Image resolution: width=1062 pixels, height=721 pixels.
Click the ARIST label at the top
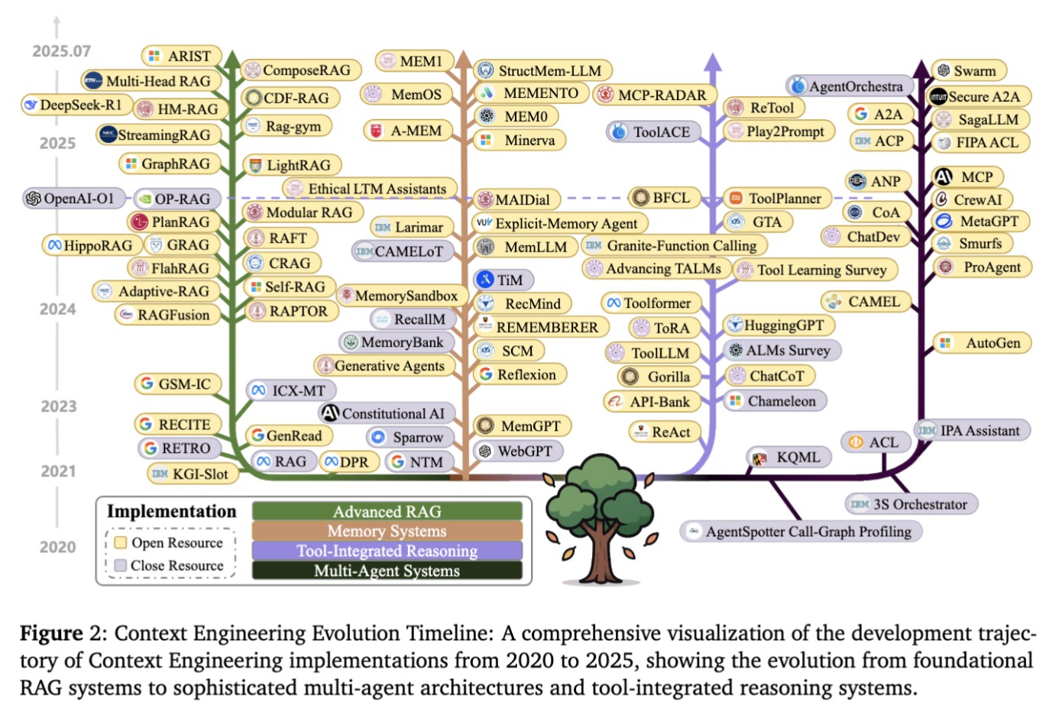pyautogui.click(x=182, y=56)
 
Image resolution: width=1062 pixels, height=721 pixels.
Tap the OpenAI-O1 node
pyautogui.click(x=70, y=199)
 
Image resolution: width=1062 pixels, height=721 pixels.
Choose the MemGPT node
pyautogui.click(x=523, y=426)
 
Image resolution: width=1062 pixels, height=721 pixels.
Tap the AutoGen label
pyautogui.click(x=984, y=343)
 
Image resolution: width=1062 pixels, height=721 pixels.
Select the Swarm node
pyautogui.click(x=968, y=71)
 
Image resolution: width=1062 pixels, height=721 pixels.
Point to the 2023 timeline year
pyautogui.click(x=59, y=406)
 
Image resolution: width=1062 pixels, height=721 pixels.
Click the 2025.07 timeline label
pyautogui.click(x=61, y=51)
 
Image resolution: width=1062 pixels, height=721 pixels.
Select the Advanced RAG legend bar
pyautogui.click(x=387, y=511)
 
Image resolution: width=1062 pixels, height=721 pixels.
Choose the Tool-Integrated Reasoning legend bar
pyautogui.click(x=387, y=551)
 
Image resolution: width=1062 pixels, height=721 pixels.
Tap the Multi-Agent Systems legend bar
pyautogui.click(x=387, y=571)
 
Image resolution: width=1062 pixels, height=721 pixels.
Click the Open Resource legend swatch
pyautogui.click(x=120, y=542)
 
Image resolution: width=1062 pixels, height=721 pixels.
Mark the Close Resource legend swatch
pyautogui.click(x=120, y=565)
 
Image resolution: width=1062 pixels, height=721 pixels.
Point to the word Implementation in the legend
pyautogui.click(x=171, y=511)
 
